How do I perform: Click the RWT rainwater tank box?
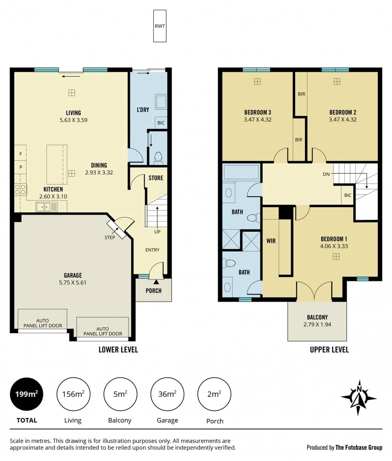tap(159, 26)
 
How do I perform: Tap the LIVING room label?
tap(70, 113)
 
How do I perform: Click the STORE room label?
tap(156, 178)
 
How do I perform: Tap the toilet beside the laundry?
tap(158, 158)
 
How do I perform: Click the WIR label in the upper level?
tap(271, 241)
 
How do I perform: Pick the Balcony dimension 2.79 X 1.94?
tap(317, 324)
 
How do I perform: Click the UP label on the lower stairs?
tap(158, 232)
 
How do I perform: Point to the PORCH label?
tap(154, 291)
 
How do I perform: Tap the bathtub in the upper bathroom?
tap(241, 172)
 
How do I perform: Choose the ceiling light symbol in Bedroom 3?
tap(257, 81)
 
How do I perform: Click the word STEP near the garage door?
tap(110, 237)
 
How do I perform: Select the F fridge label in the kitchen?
tap(20, 153)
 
